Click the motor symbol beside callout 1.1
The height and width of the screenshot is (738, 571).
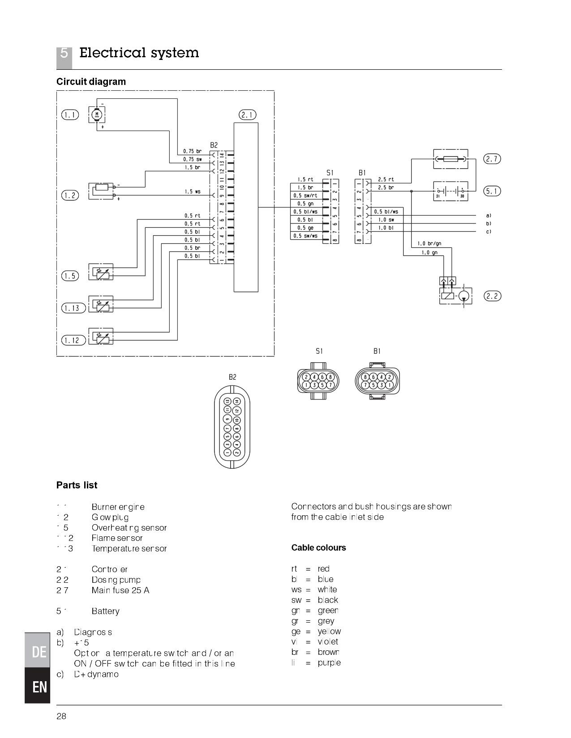click(96, 115)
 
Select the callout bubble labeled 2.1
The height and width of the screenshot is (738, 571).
click(247, 115)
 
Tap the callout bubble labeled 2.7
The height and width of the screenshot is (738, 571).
click(492, 159)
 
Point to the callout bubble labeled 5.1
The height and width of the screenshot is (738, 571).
click(492, 191)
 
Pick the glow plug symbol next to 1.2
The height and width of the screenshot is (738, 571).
click(102, 191)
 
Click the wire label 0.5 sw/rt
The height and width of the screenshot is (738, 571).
click(305, 195)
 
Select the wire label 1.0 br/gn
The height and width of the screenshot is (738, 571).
click(429, 244)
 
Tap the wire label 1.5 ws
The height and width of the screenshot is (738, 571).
click(192, 191)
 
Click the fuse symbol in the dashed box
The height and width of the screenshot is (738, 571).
click(450, 159)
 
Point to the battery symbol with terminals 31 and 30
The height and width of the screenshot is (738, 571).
click(450, 191)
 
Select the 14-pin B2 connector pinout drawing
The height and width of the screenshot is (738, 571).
click(232, 427)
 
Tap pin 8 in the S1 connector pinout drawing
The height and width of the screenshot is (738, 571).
click(330, 377)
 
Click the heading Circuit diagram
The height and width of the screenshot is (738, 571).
click(91, 81)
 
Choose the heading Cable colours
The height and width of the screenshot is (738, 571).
click(318, 548)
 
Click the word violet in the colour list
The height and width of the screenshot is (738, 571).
click(328, 642)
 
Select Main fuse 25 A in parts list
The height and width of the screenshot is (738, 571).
click(120, 590)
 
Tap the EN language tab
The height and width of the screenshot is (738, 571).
click(39, 687)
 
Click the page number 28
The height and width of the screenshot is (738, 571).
click(61, 717)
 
